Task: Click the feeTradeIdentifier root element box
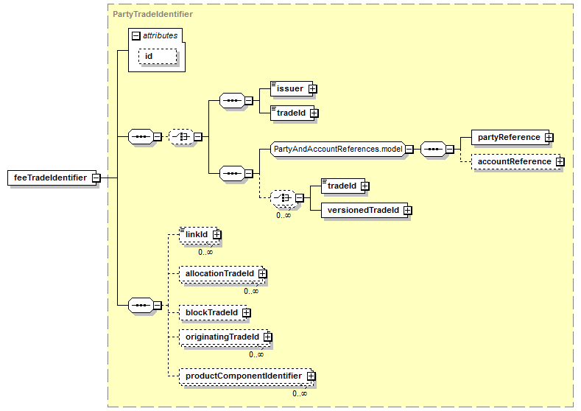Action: (52, 178)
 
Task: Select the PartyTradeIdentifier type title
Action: (152, 14)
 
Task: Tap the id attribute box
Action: (158, 56)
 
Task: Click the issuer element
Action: (292, 89)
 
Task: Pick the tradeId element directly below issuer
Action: (292, 113)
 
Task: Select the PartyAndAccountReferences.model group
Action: (337, 149)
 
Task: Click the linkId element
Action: (199, 234)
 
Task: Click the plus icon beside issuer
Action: (313, 89)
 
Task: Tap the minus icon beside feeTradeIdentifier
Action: (96, 178)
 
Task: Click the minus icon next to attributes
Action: (136, 35)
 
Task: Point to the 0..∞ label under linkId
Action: (205, 253)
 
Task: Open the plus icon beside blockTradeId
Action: (247, 313)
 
